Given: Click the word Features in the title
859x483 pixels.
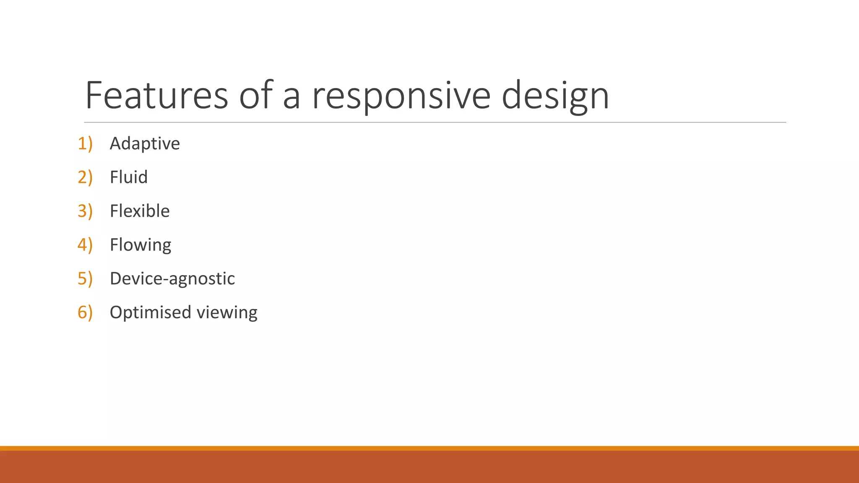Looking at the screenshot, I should click(x=156, y=95).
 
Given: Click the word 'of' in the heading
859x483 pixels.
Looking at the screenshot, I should click(x=256, y=95).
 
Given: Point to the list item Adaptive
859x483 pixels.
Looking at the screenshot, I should click(x=145, y=144).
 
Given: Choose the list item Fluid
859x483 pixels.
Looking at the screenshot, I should click(x=128, y=177).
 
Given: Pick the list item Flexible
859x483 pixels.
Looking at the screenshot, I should click(x=140, y=211).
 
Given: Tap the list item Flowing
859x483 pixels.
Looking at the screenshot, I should click(x=141, y=245).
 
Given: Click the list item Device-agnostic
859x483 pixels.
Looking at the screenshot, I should click(x=172, y=279).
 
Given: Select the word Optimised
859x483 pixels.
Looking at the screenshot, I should click(x=151, y=313).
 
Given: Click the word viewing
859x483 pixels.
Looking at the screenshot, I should click(x=227, y=313).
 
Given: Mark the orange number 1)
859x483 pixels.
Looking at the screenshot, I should click(x=85, y=144).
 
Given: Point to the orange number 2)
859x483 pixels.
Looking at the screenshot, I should click(x=85, y=177).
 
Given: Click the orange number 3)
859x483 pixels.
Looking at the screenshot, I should click(x=85, y=211).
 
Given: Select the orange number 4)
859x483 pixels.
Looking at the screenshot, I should click(x=85, y=245).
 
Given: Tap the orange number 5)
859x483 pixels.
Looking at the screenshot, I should click(x=85, y=279).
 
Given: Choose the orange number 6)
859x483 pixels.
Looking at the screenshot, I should click(x=85, y=313).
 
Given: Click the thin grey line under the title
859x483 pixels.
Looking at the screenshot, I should click(x=435, y=122).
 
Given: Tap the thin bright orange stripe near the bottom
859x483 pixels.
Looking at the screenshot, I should click(x=429, y=448).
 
